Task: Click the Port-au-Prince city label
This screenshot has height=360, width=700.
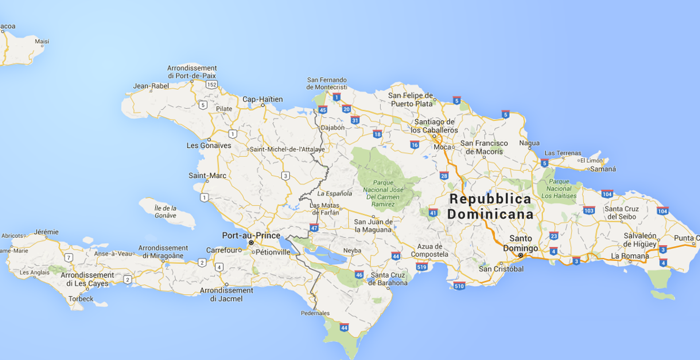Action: coord(251,235)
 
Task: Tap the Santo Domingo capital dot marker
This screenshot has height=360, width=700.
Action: coord(521,255)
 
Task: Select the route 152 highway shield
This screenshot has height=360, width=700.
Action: coord(211,85)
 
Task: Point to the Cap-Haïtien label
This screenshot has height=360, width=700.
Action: coord(262,99)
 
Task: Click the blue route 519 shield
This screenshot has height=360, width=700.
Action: coord(421,267)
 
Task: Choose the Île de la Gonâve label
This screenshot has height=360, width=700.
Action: coord(166,212)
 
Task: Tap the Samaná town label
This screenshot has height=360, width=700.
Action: coord(603,169)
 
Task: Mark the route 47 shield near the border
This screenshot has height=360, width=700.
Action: coord(314,228)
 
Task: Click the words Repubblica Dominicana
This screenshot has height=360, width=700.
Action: coord(490,206)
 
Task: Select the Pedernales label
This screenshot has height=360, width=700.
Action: coord(315,313)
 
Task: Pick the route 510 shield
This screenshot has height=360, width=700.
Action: coord(459,286)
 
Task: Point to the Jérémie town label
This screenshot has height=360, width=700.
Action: coord(46,232)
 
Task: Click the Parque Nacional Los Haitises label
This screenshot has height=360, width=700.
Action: coord(559,189)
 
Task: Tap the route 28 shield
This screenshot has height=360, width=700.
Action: coord(444,176)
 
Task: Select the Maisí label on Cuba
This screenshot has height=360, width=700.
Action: coord(42,41)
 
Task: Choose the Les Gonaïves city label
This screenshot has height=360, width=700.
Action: coord(209,145)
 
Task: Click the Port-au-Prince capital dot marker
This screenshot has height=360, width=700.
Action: coord(251,243)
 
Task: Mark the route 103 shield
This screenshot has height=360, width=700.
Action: coord(588,210)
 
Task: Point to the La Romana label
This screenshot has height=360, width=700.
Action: coord(630,256)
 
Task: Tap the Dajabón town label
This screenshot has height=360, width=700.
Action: coord(332,128)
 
